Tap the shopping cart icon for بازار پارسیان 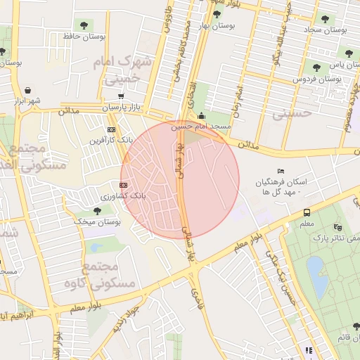(x=122, y=96)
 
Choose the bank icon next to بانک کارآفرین (x=111, y=129)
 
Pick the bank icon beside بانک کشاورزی (x=123, y=185)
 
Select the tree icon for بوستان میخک (x=98, y=210)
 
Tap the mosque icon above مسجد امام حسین (x=202, y=116)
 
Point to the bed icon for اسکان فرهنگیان (x=281, y=171)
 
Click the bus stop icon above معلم (x=307, y=212)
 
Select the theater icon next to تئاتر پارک (x=338, y=226)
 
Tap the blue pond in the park (x=316, y=276)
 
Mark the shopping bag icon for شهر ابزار (x=27, y=90)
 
